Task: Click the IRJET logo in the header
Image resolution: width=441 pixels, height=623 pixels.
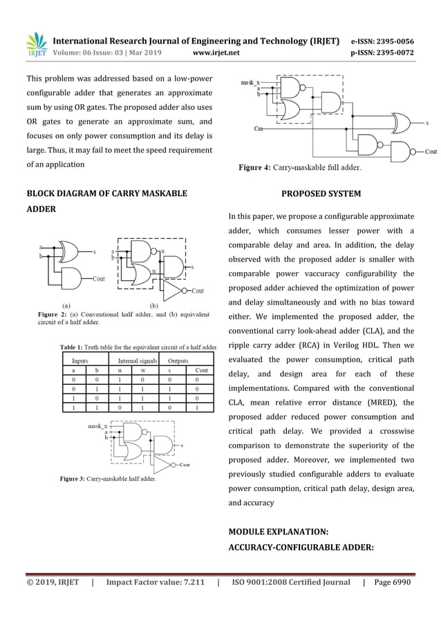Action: coord(36,46)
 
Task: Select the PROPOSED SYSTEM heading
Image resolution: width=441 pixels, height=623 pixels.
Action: coord(321,193)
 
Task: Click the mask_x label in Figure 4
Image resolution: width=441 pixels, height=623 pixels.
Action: coord(250,82)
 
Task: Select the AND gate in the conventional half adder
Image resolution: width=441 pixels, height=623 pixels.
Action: coord(69,278)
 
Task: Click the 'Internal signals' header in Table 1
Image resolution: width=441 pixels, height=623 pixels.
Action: coord(138,360)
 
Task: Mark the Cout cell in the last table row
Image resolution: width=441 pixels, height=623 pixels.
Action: coord(201,408)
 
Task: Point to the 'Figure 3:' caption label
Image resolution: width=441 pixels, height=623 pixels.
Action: coord(73,478)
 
